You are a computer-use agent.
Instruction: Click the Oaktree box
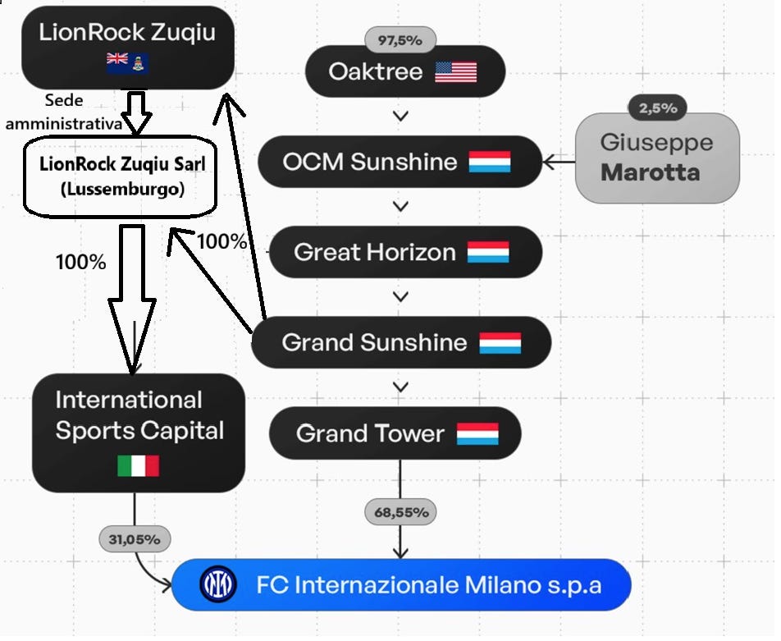[404, 72]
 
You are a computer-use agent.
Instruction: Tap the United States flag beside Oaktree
[455, 72]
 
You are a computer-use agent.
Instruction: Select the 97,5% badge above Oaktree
[400, 39]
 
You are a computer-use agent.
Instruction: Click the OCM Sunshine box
[400, 162]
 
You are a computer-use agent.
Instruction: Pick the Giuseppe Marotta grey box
[657, 158]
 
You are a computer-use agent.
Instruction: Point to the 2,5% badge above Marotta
[657, 108]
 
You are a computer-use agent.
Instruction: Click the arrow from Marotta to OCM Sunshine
[559, 163]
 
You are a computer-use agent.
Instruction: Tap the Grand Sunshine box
[400, 342]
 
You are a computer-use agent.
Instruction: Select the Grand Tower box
[395, 433]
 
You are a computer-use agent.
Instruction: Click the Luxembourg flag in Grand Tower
[477, 433]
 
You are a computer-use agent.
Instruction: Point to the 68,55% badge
[400, 513]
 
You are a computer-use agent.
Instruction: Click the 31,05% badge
[135, 539]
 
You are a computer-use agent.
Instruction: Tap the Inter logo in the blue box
[218, 585]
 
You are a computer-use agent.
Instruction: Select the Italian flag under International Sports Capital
[138, 466]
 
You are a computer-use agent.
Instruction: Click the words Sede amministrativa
[64, 112]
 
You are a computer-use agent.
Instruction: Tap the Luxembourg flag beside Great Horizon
[488, 252]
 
